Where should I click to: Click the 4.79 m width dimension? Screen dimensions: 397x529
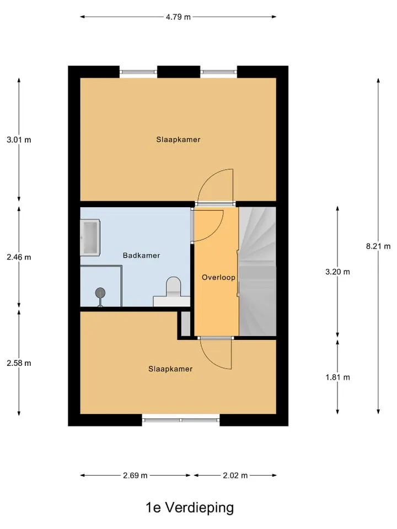178,17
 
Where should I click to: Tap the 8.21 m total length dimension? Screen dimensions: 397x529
378,246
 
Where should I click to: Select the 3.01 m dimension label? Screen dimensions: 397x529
19,139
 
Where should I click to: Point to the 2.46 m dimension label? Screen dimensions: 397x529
19,257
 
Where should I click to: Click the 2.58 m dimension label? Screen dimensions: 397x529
19,363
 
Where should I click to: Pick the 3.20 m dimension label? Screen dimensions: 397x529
337,272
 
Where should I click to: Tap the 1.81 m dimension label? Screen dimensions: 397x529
337,377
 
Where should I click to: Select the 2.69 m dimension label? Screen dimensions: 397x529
135,476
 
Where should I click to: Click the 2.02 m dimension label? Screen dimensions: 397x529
235,476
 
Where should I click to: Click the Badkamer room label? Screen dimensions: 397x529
142,255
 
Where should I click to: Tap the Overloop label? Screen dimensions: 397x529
218,277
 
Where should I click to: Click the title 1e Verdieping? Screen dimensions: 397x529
190,508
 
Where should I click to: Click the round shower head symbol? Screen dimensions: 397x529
100,293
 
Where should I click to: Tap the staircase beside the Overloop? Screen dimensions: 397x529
257,272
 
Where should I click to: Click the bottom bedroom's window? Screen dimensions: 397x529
181,420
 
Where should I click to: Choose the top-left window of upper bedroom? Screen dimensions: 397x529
138,72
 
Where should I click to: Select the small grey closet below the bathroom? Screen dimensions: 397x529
186,324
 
